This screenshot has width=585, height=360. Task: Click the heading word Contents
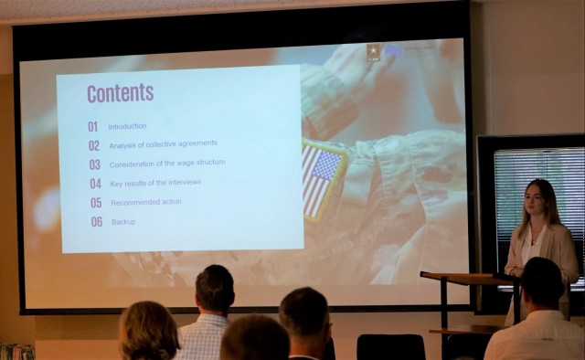click(120, 93)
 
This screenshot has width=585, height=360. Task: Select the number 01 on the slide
click(92, 127)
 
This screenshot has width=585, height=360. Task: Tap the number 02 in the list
click(94, 145)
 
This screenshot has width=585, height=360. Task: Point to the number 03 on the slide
click(94, 165)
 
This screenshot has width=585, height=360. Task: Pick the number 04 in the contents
click(95, 184)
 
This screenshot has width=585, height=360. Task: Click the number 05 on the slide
click(96, 203)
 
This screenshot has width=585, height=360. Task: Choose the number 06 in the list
click(96, 222)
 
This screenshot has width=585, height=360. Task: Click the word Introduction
click(127, 126)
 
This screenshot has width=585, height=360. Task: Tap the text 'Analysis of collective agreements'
click(163, 144)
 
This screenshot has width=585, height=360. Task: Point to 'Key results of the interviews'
click(156, 183)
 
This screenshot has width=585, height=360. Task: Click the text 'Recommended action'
click(146, 202)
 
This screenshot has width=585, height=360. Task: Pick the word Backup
click(123, 222)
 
